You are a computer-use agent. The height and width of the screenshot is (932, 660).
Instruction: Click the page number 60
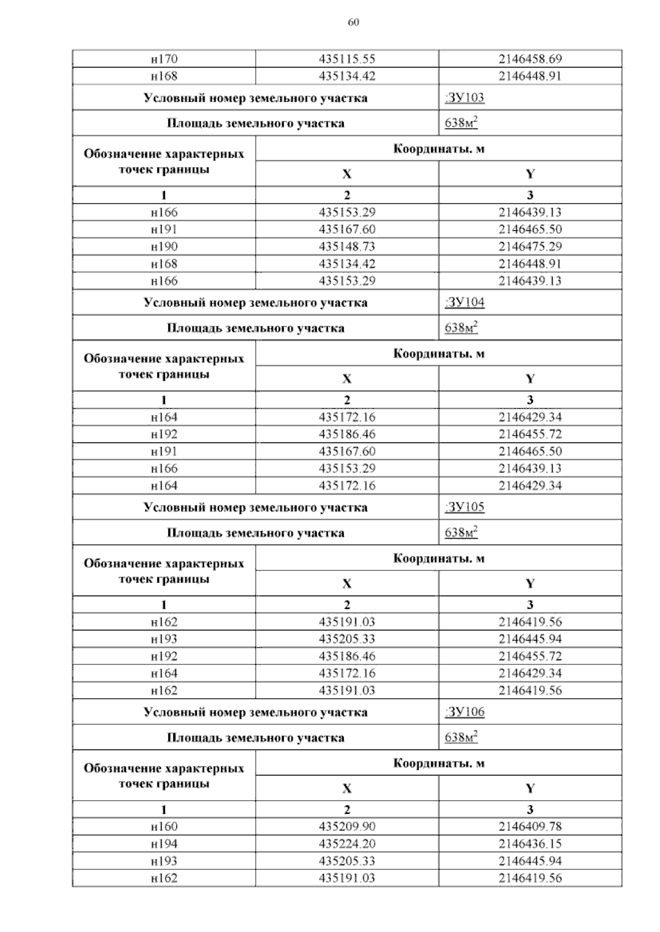click(354, 23)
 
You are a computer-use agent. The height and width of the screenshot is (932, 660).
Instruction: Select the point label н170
click(164, 59)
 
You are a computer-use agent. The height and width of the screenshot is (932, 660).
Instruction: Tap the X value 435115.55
click(347, 59)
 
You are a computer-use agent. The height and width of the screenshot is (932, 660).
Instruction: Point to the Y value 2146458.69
click(530, 59)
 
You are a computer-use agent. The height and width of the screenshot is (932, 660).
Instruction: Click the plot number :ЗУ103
click(464, 98)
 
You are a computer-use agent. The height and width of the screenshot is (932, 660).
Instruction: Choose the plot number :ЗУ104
click(464, 303)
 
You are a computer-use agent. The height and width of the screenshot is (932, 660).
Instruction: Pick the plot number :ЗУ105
click(464, 507)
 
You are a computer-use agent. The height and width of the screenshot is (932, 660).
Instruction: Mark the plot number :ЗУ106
click(464, 712)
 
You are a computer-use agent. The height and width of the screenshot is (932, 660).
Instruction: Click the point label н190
click(164, 246)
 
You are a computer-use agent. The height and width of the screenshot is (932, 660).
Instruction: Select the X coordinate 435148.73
click(347, 246)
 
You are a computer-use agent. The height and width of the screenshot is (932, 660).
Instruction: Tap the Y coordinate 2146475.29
click(530, 246)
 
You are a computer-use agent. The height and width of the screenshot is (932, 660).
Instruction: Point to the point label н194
click(164, 844)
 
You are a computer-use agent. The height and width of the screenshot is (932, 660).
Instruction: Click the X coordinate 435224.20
click(347, 844)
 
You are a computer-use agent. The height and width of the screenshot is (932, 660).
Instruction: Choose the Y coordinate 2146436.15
click(530, 844)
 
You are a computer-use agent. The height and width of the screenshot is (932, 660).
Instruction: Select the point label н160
click(164, 826)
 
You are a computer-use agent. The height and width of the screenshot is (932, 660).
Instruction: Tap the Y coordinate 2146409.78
click(530, 826)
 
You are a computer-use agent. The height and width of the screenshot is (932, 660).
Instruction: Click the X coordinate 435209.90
click(347, 826)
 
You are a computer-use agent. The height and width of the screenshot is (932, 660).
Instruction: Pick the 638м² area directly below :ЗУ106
click(461, 737)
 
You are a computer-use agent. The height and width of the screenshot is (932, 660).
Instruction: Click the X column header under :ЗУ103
click(347, 174)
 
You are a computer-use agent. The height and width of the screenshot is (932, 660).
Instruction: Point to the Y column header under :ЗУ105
click(530, 584)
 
